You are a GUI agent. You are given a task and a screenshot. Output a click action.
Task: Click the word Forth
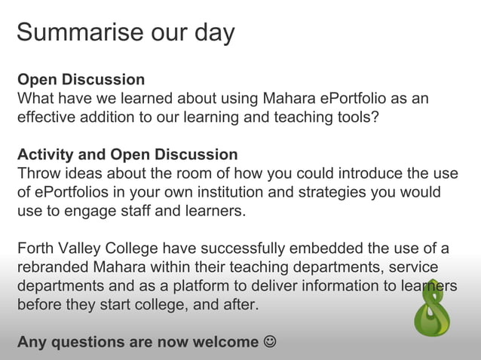pos(36,249)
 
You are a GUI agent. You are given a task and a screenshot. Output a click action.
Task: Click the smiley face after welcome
pos(269,342)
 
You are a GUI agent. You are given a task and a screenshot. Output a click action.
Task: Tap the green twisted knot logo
pos(434,310)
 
